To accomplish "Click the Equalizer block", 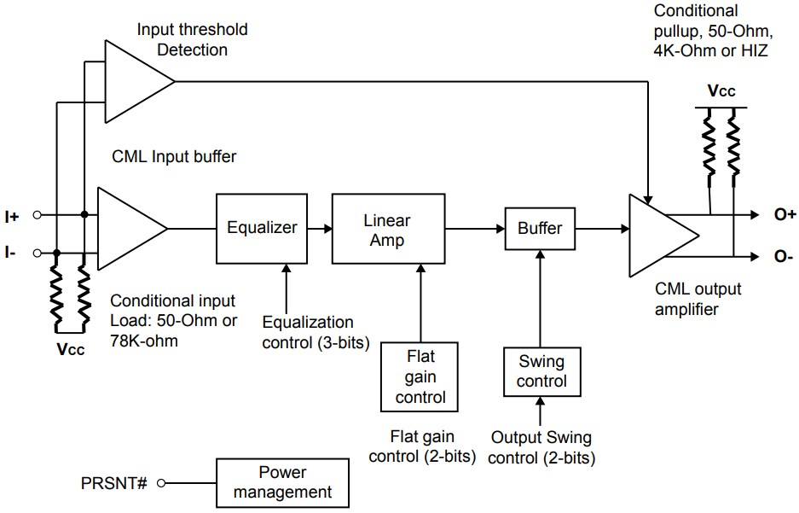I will pyautogui.click(x=262, y=228).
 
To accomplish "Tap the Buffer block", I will pyautogui.click(x=540, y=228).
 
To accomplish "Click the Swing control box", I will pyautogui.click(x=541, y=371).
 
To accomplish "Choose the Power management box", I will pyautogui.click(x=282, y=482).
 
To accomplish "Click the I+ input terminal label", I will pyautogui.click(x=12, y=217).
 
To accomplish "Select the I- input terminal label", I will pyautogui.click(x=11, y=254).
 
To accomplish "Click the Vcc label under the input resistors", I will pyautogui.click(x=70, y=348).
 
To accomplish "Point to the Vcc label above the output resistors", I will pyautogui.click(x=721, y=91).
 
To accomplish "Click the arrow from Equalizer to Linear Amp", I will pyautogui.click(x=318, y=229).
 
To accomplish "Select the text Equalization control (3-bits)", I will pyautogui.click(x=308, y=332).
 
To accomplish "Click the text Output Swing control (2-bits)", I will pyautogui.click(x=542, y=448).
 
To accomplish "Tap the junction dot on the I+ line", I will pyautogui.click(x=84, y=216).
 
